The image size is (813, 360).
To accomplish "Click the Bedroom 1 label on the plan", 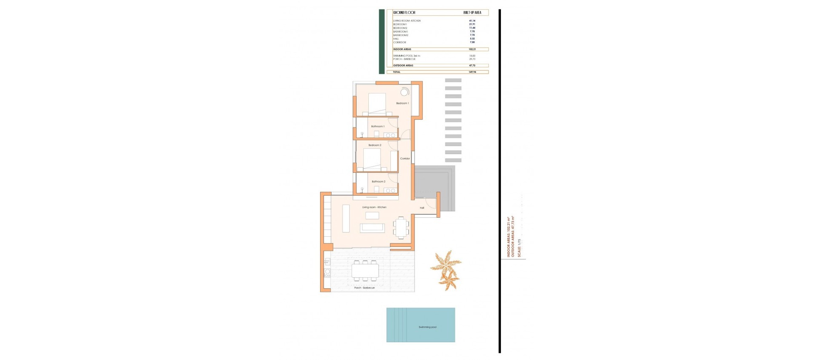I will [402, 103].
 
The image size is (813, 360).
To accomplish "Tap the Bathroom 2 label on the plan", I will [378, 182].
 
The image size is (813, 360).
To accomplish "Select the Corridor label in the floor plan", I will [405, 158].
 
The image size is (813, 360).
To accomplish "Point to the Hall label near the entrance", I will [422, 208].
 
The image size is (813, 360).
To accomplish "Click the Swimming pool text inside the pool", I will [427, 327].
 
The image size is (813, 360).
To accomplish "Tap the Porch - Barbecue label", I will [364, 288].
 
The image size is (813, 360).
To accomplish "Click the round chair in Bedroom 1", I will [405, 92].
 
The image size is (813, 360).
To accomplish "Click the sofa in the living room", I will [372, 228].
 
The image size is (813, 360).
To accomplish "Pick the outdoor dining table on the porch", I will [365, 271].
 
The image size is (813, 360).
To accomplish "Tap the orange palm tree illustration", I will [446, 269].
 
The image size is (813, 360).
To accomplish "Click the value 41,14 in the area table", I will [472, 21].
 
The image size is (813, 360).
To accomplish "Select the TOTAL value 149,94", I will [473, 72].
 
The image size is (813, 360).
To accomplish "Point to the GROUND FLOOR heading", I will [404, 13].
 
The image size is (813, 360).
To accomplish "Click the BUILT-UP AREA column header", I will [472, 13].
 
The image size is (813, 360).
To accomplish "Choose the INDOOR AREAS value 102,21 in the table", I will [472, 49].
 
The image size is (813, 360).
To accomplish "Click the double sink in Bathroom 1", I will [390, 135].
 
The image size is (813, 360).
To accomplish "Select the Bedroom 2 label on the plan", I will [375, 145].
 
